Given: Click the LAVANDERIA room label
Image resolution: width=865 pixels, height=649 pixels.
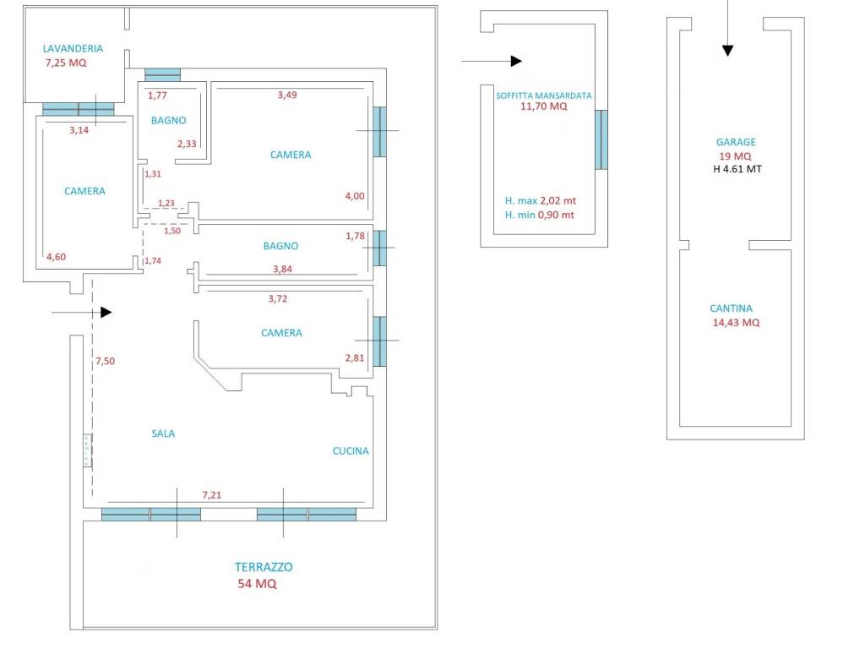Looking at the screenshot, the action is (73, 48).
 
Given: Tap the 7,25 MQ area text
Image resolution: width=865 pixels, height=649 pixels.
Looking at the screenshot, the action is (66, 63).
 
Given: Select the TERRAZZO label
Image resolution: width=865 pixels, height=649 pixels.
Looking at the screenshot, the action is (264, 567).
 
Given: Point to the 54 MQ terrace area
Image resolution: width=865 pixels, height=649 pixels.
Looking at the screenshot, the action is (257, 583).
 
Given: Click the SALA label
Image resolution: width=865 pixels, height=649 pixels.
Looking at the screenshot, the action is (163, 434).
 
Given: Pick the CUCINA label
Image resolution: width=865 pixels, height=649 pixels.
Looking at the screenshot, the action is (351, 451).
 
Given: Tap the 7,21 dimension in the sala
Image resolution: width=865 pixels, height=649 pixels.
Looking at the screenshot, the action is (212, 495).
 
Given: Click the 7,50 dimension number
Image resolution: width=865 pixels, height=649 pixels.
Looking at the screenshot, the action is (105, 361).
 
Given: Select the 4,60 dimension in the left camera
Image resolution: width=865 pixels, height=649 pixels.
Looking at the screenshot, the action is (57, 257).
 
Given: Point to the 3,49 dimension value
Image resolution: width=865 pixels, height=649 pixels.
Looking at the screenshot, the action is (287, 95).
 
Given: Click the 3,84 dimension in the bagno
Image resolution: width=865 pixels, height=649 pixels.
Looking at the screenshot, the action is (282, 270).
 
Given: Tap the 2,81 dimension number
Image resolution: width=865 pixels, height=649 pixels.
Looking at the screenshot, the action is (355, 358).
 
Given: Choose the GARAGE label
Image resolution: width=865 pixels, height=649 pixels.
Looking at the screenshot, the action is (736, 142).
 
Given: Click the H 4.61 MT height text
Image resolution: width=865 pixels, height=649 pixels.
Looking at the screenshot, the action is (737, 169).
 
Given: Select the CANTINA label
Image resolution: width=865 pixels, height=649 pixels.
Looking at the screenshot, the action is (731, 308).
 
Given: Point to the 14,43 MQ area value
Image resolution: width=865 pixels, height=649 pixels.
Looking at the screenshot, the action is (736, 323).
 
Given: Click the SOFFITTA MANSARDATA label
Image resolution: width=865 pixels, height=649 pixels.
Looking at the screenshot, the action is (544, 95).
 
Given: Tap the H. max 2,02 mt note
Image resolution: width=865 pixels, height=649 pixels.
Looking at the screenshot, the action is (541, 201).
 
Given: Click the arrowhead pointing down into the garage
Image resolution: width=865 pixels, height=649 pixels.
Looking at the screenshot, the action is (727, 51).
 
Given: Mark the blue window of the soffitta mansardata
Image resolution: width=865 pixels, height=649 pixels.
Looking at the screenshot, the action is (601, 139).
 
